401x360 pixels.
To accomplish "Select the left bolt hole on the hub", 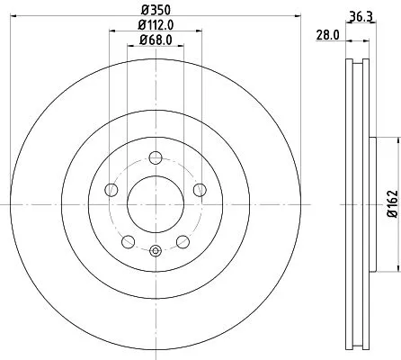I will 111,189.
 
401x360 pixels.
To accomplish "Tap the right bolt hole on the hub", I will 200,189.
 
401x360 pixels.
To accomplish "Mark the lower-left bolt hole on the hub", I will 128,240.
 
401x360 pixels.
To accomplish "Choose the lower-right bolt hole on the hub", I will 183,240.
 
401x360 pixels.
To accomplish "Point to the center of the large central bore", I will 155,200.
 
